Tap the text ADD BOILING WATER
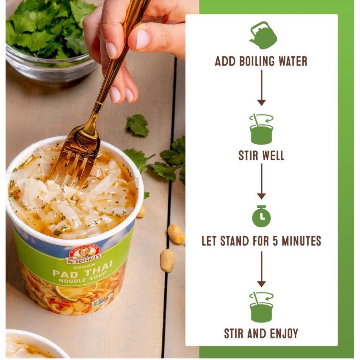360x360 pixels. click(x=261, y=61)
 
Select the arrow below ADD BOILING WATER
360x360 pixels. click(x=261, y=88)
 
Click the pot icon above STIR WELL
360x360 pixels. click(x=262, y=129)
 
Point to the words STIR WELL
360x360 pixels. click(x=261, y=155)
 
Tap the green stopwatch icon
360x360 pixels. click(x=261, y=216)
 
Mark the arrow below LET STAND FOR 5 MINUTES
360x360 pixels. click(x=261, y=269)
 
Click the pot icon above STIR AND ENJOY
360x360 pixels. click(x=262, y=307)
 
